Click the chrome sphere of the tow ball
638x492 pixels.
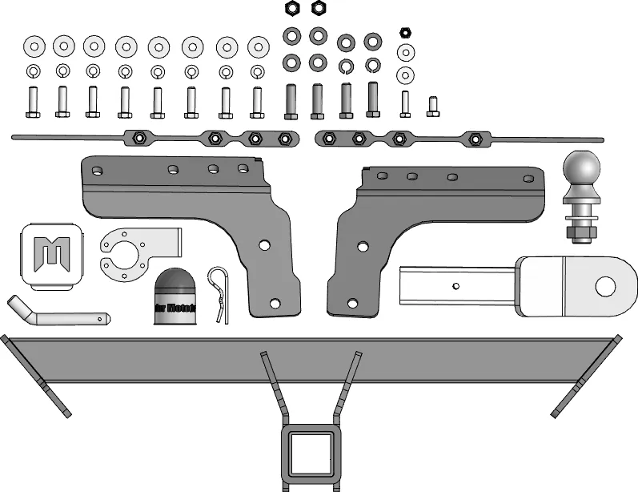coord(584,170)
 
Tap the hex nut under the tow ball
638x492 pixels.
coord(583,232)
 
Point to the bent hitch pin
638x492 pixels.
coord(60,315)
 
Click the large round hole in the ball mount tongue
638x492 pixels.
coord(606,284)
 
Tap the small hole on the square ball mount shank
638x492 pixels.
coord(455,284)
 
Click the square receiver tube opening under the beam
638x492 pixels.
coord(310,453)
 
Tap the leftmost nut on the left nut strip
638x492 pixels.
coord(138,137)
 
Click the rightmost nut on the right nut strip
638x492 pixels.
coord(475,139)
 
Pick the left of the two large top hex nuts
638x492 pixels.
coord(292,8)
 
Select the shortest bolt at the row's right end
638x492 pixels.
coord(433,106)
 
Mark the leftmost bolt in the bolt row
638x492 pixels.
coord(33,102)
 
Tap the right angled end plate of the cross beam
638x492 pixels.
coord(588,377)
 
